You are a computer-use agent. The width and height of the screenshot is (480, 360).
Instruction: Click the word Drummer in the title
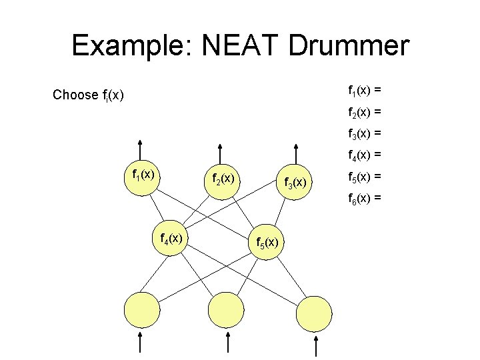(x=349, y=46)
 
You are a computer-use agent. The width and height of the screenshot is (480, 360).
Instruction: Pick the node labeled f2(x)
(x=221, y=179)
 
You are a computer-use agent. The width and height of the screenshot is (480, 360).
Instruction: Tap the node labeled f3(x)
(x=295, y=181)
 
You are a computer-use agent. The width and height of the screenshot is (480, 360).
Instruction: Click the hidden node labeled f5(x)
(x=267, y=243)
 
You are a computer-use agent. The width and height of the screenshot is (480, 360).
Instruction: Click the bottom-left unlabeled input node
(x=142, y=311)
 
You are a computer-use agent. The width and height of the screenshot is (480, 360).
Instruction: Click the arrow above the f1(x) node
(x=141, y=149)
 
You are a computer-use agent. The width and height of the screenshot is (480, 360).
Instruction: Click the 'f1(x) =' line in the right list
(x=365, y=89)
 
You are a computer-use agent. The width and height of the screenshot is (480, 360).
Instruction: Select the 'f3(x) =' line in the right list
(x=365, y=133)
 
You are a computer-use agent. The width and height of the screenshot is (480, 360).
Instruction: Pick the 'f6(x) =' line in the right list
(x=365, y=198)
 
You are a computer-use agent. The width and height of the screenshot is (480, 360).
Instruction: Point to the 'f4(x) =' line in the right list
(x=365, y=155)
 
